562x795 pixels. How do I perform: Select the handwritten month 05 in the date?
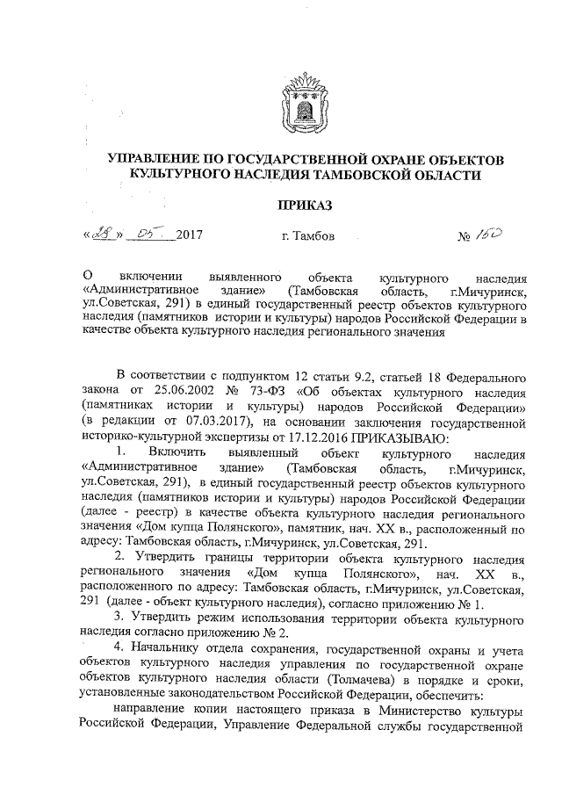[x=146, y=235]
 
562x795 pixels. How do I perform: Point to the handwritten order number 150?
[x=490, y=235]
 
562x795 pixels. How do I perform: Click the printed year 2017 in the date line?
[x=188, y=236]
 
